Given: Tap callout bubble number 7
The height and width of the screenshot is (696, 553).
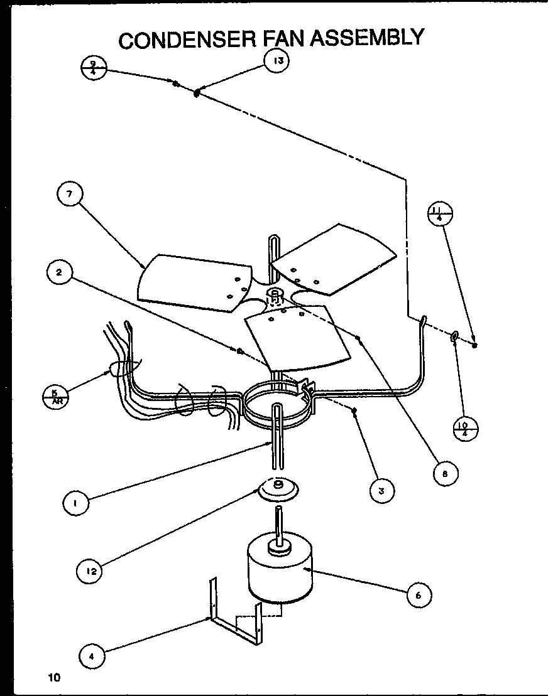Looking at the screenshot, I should click(69, 195).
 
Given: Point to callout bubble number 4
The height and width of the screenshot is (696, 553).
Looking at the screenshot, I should click(91, 657).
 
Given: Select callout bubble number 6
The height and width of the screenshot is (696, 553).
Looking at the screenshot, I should click(418, 595).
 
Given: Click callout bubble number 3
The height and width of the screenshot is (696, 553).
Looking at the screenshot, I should click(381, 491).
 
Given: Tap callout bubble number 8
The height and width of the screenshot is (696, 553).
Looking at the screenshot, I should click(445, 474).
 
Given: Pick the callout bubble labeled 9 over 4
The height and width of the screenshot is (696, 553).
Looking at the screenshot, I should click(94, 67).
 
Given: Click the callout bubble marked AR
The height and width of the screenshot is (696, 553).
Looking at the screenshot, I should click(55, 397).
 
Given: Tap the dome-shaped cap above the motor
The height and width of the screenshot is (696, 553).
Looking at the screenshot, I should click(278, 490).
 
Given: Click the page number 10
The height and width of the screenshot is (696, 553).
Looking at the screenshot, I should click(54, 677).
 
